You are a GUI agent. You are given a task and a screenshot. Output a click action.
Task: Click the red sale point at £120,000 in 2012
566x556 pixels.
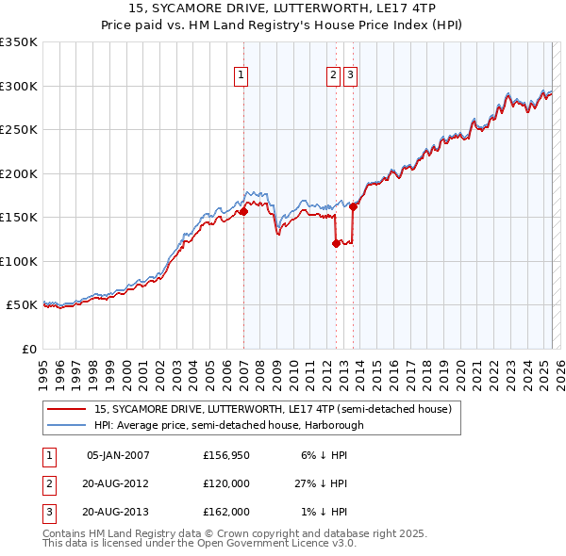[336, 243]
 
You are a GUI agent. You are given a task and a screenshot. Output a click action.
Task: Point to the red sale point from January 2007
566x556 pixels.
[243, 212]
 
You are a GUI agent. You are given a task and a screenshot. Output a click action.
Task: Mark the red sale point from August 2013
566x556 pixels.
[353, 207]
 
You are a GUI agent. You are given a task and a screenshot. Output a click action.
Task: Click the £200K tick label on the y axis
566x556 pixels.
[19, 173]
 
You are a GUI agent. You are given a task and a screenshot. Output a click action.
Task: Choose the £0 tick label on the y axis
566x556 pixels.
[27, 349]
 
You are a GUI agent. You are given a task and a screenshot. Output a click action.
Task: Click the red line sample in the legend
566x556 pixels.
[68, 410]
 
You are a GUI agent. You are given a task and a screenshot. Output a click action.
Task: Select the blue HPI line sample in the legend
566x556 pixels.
[68, 425]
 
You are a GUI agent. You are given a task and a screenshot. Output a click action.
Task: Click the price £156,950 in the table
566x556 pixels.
[227, 455]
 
